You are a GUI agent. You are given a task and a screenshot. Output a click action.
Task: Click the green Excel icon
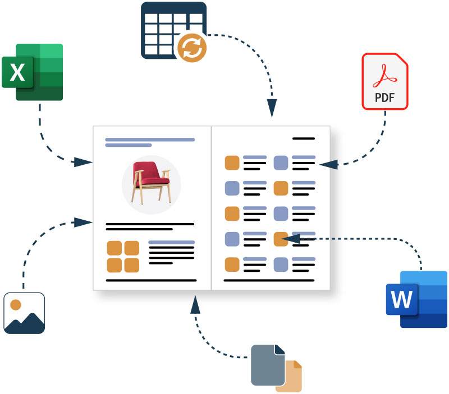click(x=33, y=72)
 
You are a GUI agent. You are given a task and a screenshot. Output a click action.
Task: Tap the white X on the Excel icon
click(x=17, y=72)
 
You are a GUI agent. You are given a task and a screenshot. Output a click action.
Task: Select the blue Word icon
click(x=416, y=299)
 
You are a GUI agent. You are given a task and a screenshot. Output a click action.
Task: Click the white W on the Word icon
click(x=402, y=299)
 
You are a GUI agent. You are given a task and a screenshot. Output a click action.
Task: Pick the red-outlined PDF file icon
click(x=385, y=81)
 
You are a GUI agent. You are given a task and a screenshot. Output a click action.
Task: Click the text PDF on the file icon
click(x=385, y=98)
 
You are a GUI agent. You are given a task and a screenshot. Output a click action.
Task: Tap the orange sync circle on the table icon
click(x=192, y=48)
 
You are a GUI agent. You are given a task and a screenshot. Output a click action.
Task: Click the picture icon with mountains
click(x=24, y=313)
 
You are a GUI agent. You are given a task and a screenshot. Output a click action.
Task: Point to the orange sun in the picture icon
click(x=16, y=305)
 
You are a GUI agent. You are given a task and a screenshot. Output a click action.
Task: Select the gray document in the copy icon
click(x=268, y=365)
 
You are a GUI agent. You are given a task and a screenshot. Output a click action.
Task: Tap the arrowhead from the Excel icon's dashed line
click(x=83, y=162)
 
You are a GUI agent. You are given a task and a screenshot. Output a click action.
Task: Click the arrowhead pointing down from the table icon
click(x=272, y=108)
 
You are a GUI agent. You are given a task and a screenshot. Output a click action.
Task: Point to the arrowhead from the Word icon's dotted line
click(x=291, y=238)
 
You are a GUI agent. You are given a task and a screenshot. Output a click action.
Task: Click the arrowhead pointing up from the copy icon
click(x=195, y=304)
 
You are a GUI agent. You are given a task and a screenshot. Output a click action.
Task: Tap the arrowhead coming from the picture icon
click(x=83, y=222)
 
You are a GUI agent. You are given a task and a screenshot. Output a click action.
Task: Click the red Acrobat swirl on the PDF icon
click(x=385, y=76)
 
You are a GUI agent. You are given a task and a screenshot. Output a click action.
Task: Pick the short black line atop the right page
click(x=304, y=138)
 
